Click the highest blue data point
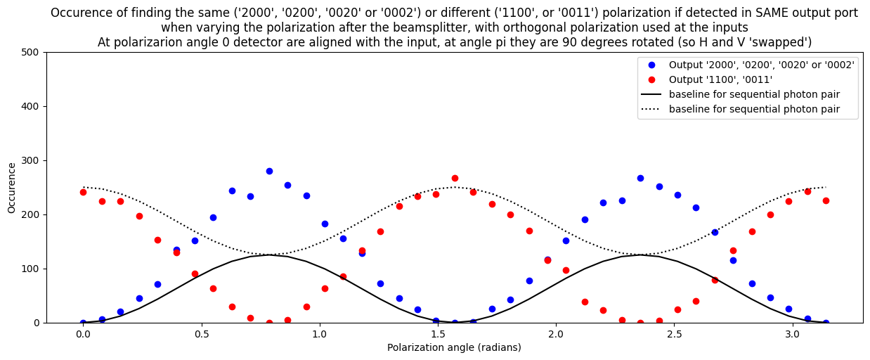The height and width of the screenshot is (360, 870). click(269, 171)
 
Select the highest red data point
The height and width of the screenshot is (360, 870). click(455, 178)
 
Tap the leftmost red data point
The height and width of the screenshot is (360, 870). click(83, 192)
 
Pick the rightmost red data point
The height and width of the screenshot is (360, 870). click(826, 200)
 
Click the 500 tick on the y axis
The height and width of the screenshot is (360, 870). click(32, 52)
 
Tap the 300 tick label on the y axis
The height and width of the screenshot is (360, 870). click(32, 160)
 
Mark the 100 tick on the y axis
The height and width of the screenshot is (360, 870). click(32, 269)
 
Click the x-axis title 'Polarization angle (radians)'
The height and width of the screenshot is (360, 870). click(454, 347)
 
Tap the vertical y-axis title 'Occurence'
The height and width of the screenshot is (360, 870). click(12, 187)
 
